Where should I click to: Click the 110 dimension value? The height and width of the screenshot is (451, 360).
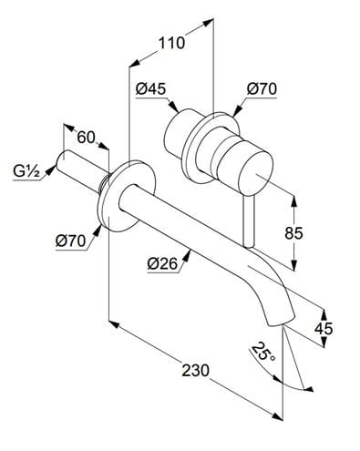tap(172, 44)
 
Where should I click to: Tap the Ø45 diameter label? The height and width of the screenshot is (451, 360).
tap(151, 89)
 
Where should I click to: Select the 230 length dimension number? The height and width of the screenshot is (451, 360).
tap(196, 371)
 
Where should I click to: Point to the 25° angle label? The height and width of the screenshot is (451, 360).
tap(263, 352)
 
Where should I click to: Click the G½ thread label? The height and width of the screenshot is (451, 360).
tap(26, 171)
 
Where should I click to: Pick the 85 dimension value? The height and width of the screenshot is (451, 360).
tap(293, 233)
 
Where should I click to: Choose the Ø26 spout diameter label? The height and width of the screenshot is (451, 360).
tap(162, 263)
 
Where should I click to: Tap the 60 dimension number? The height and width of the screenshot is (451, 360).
tap(86, 138)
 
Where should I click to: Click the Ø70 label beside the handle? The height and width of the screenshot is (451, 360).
tap(262, 89)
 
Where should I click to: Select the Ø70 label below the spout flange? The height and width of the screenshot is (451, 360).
tap(70, 241)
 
